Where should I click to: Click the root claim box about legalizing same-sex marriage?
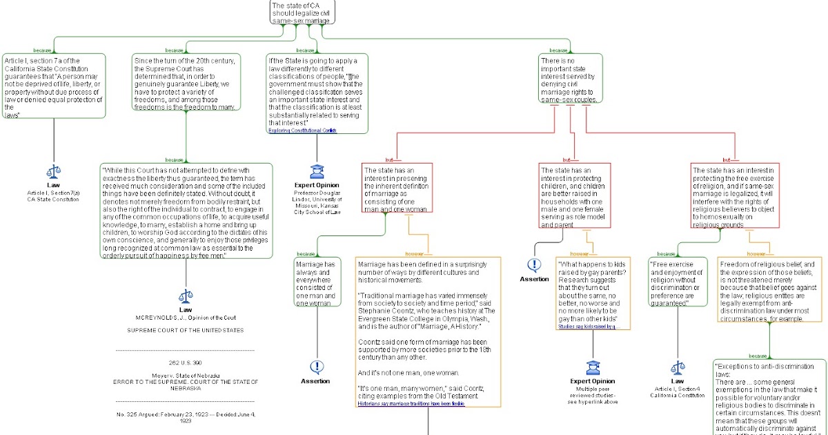click(297, 12)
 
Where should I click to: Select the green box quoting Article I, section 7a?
click(54, 86)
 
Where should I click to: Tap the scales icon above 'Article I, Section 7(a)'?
click(53, 172)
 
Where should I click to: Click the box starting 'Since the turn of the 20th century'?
click(186, 84)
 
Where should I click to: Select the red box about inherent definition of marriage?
click(397, 188)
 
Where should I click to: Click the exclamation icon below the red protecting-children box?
click(534, 265)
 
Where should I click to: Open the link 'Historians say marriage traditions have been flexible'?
click(411, 404)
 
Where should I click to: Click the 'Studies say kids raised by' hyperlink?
click(588, 327)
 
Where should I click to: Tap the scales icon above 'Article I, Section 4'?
click(677, 369)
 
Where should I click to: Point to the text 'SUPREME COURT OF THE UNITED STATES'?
click(185, 330)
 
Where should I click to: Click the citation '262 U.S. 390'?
click(185, 362)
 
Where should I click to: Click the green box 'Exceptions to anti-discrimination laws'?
click(769, 397)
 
